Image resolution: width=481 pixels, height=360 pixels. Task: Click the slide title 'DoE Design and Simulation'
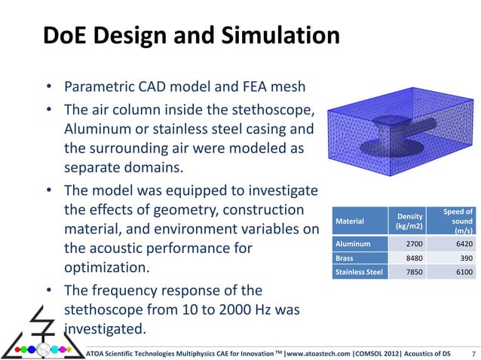[189, 36]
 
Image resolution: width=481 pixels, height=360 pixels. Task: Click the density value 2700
[411, 243]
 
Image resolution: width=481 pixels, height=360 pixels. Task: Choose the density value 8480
[411, 258]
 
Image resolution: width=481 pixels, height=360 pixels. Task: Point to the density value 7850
[411, 272]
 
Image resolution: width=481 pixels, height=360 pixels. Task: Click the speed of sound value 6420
[461, 243]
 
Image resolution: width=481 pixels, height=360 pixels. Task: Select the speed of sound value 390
[464, 258]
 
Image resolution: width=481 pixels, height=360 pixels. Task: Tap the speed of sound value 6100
[461, 272]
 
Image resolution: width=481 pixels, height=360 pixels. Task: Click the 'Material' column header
[348, 221]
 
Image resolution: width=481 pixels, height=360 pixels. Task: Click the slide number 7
[472, 352]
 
